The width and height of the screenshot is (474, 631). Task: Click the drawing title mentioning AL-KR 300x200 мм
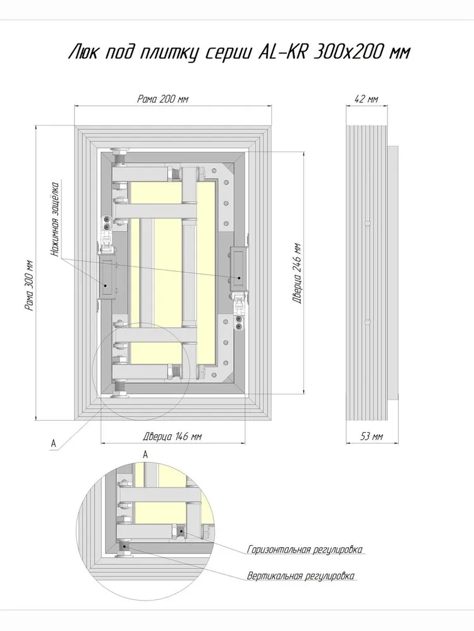point(240,52)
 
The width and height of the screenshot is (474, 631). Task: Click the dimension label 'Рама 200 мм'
point(162,99)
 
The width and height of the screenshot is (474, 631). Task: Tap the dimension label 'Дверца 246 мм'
point(298,273)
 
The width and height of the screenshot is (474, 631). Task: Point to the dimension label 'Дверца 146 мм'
point(172,436)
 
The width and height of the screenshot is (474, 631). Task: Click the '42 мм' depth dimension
point(366,98)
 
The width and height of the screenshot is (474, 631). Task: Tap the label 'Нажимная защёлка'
point(55,220)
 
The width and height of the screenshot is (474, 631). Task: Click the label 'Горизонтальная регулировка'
point(305,550)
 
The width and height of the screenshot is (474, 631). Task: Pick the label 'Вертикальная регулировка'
point(301,575)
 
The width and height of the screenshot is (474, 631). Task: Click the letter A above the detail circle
point(145,454)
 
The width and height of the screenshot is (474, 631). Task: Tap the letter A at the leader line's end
point(53,443)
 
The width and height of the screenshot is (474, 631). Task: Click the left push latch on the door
point(107,278)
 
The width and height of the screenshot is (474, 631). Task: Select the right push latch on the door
point(238,268)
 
